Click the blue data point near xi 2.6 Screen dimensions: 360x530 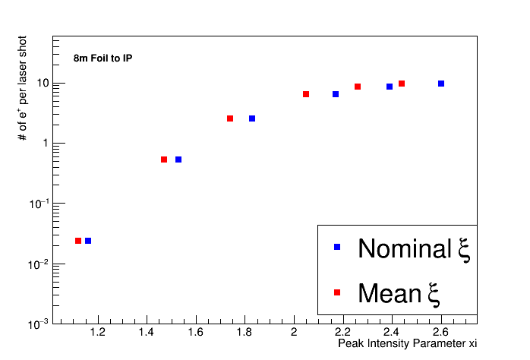441,84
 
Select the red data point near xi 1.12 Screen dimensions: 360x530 78,241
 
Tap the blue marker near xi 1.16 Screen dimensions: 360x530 88,241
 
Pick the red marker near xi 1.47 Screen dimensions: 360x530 164,159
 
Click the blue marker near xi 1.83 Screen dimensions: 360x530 252,118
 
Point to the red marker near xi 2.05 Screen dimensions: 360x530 306,94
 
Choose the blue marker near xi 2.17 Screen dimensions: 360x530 336,94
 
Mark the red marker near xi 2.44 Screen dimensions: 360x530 402,84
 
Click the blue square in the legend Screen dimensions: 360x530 338,247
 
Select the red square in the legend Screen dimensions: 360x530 338,292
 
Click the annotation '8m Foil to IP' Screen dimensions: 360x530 103,58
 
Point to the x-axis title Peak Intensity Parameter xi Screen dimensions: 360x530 407,344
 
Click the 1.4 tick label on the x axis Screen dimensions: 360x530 147,332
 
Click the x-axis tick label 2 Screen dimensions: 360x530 294,332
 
